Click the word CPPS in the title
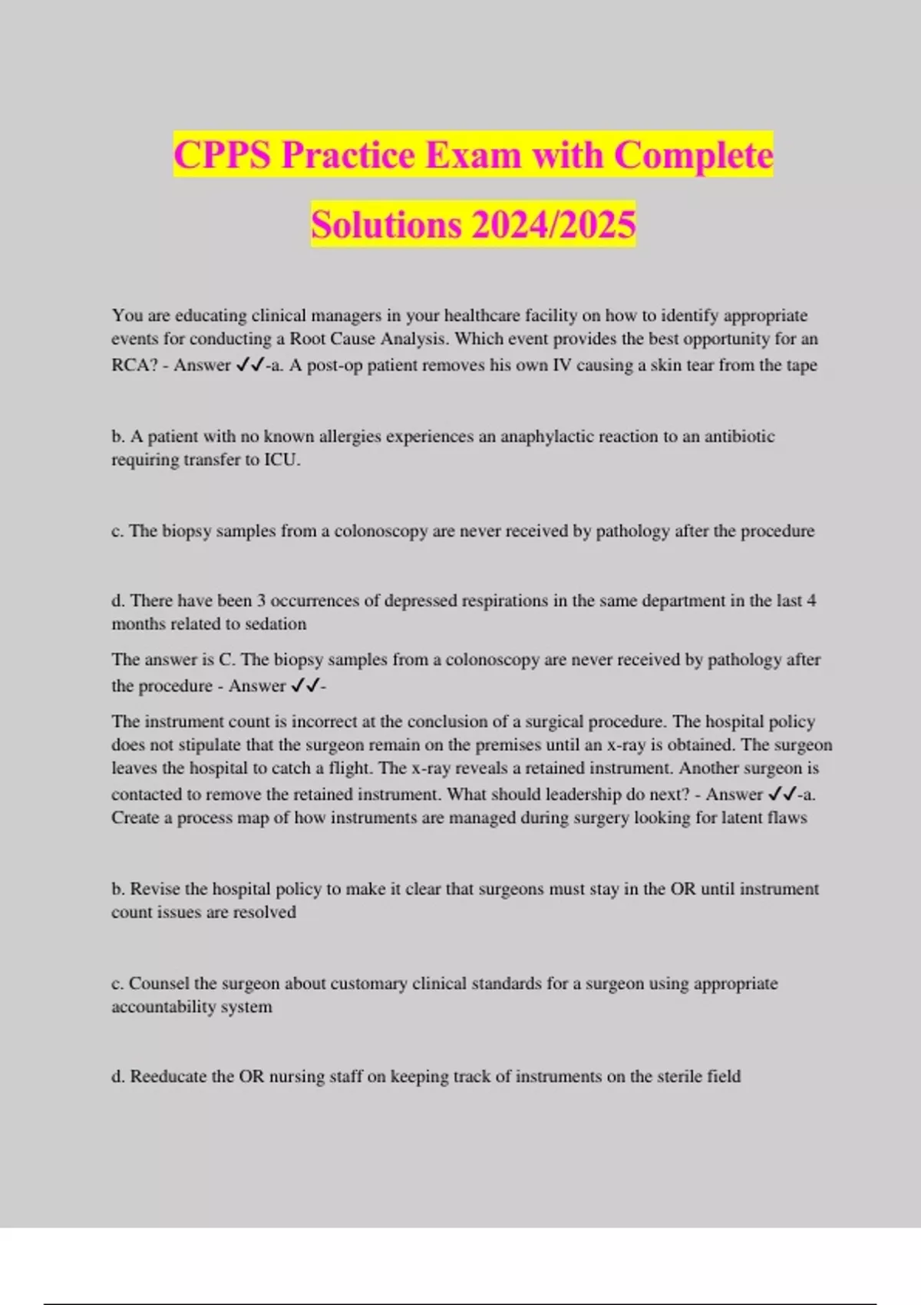click(x=223, y=155)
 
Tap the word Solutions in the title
click(x=386, y=225)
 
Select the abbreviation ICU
click(x=282, y=460)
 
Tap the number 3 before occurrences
click(x=261, y=600)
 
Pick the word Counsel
click(x=159, y=983)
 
